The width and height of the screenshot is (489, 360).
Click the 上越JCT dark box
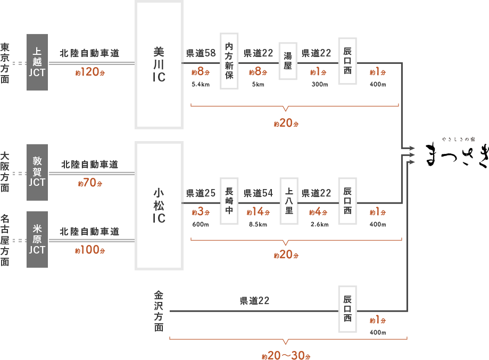point(37,62)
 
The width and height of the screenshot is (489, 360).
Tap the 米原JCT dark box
point(37,240)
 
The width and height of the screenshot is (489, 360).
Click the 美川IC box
point(159,64)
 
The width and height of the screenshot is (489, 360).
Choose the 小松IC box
point(159,205)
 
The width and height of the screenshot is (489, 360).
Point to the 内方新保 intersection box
point(229,61)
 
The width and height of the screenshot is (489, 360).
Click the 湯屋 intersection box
point(287,61)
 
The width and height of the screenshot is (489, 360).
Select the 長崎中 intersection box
point(229,201)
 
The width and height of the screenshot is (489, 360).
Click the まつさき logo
point(457,153)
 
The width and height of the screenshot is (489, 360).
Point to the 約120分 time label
point(89,72)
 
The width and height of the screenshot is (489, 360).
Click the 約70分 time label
point(89,183)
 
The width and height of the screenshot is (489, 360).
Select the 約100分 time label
point(89,250)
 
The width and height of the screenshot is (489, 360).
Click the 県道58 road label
point(201,53)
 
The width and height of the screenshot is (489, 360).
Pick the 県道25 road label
point(201,193)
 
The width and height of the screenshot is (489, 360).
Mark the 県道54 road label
point(258,193)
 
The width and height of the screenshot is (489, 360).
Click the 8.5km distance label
point(258,224)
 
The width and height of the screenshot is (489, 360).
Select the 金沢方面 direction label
point(159,311)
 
